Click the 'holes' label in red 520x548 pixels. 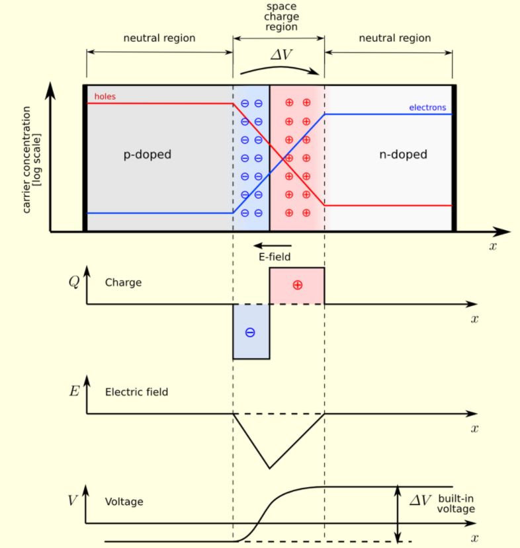[x=105, y=97]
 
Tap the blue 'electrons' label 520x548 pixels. [x=427, y=108]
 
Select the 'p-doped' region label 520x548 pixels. [x=148, y=155]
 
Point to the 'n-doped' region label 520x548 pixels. [x=403, y=155]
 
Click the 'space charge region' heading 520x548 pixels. [x=282, y=17]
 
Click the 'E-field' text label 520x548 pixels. [x=275, y=257]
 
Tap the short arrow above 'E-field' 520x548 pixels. [x=273, y=246]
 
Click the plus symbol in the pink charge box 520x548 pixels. [x=297, y=285]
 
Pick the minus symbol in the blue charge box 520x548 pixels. [x=250, y=333]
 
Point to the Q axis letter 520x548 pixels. [x=74, y=282]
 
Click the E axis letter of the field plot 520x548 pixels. [x=74, y=391]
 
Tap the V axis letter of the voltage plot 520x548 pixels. [x=72, y=500]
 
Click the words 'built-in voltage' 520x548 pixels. [x=456, y=504]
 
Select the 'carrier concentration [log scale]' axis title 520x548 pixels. [x=32, y=160]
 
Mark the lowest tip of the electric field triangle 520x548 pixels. [x=269, y=468]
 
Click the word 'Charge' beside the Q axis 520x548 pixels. [x=124, y=282]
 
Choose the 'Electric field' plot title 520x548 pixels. [x=136, y=392]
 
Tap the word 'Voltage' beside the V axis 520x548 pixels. [x=124, y=502]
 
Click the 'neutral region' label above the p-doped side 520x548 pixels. [x=159, y=38]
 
